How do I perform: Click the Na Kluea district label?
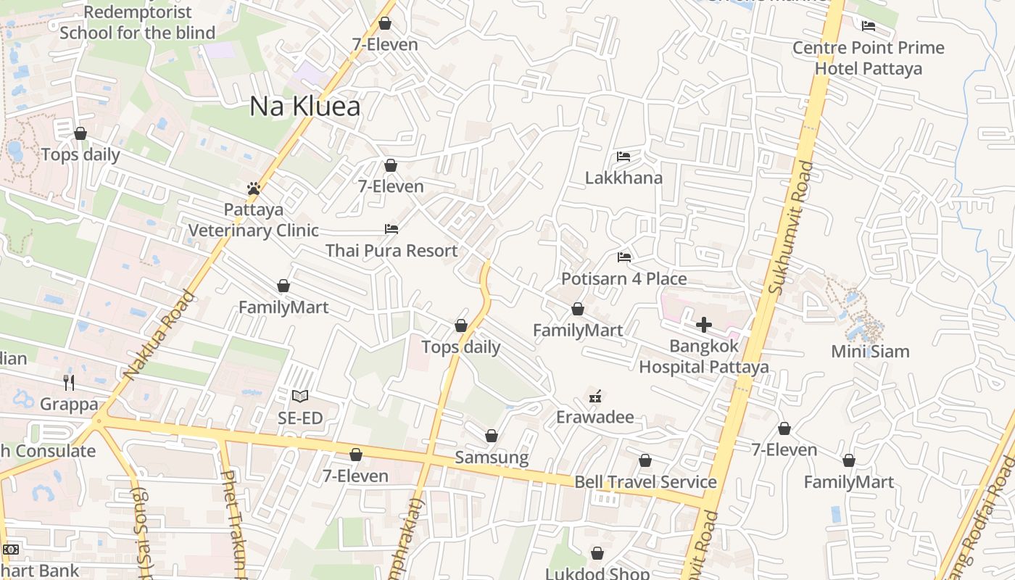click(304, 107)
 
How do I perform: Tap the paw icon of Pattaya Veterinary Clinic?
click(253, 189)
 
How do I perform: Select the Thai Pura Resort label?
click(391, 251)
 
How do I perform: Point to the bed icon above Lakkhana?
click(623, 157)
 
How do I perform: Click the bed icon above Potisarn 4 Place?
click(623, 257)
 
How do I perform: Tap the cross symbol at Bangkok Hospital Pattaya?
click(703, 325)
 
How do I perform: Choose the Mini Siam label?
click(870, 352)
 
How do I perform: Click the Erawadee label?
click(594, 417)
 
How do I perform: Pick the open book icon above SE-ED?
click(300, 397)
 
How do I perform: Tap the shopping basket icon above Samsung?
click(492, 436)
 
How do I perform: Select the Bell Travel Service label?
click(645, 482)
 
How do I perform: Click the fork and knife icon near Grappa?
click(69, 382)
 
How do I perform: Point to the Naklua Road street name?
click(159, 335)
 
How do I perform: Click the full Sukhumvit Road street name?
click(787, 227)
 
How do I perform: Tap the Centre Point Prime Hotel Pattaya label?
click(869, 58)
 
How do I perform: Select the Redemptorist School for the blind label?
click(138, 22)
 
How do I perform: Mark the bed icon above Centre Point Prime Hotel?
click(869, 26)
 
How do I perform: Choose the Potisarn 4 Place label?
click(623, 279)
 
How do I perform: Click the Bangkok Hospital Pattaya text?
click(703, 357)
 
